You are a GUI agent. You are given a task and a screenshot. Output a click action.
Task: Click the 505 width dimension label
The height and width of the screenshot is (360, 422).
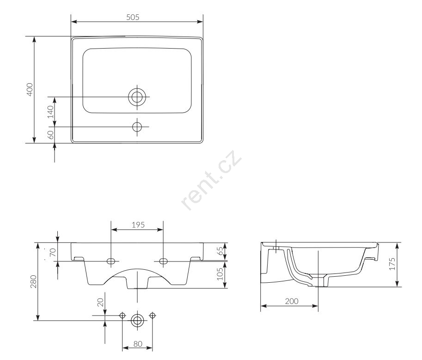coord(133,17)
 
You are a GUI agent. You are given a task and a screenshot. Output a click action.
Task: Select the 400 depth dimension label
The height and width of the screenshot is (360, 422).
coord(30,89)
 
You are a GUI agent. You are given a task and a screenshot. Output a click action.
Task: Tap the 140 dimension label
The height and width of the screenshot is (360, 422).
coord(50,112)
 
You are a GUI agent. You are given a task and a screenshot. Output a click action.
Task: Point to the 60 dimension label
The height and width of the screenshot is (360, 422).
coord(50,135)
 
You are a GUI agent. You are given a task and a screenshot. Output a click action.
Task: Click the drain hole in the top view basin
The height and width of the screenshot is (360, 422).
coord(137,97)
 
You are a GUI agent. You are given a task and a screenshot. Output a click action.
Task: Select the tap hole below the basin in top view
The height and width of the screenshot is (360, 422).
coord(137,127)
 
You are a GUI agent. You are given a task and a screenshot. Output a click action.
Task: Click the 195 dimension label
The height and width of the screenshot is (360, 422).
coord(138,225)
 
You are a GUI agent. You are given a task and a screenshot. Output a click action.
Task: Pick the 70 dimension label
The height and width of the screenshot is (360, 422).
coord(53,252)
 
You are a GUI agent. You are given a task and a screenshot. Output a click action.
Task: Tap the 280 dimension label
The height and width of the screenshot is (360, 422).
coord(33,281)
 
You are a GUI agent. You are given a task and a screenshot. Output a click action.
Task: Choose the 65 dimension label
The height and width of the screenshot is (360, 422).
coord(220,251)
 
